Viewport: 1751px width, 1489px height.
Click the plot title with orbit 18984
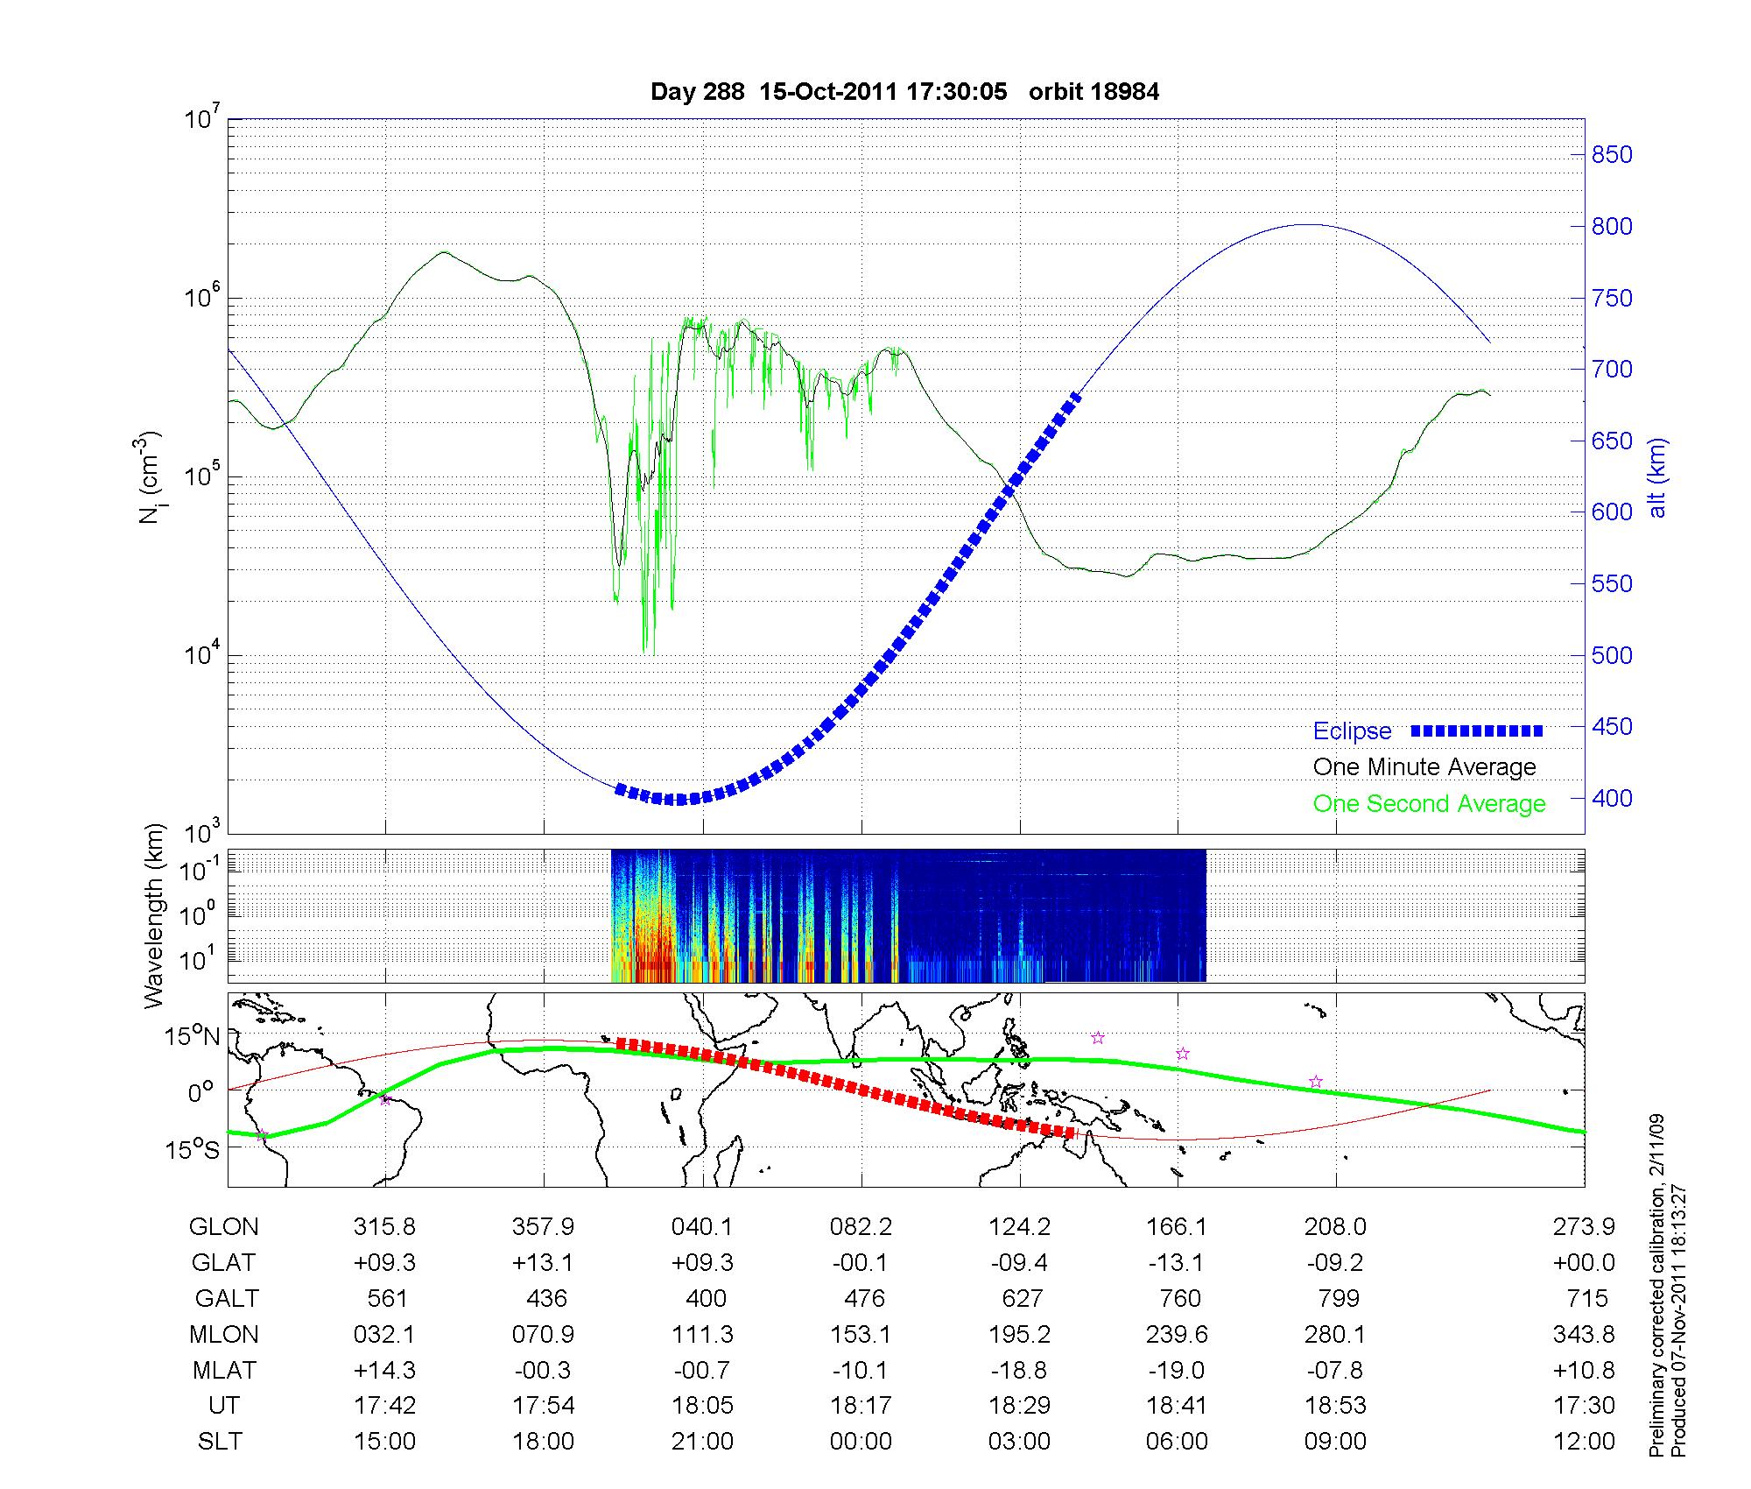tap(904, 92)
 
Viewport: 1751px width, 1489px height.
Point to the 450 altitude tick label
tap(1612, 727)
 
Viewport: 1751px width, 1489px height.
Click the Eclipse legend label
tap(1352, 731)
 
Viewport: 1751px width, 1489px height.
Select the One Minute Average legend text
tap(1424, 767)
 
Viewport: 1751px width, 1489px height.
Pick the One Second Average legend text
tap(1429, 804)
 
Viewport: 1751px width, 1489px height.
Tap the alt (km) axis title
tap(1657, 477)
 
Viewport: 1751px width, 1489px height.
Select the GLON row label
tap(224, 1227)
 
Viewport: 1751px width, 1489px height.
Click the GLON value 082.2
tap(861, 1227)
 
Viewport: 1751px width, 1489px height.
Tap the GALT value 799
tap(1338, 1298)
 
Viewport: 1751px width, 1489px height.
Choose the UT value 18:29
tap(1019, 1406)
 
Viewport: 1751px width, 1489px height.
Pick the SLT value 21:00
tap(702, 1442)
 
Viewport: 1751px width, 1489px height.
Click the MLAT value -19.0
tap(1178, 1370)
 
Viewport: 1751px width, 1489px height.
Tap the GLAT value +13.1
tap(543, 1263)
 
